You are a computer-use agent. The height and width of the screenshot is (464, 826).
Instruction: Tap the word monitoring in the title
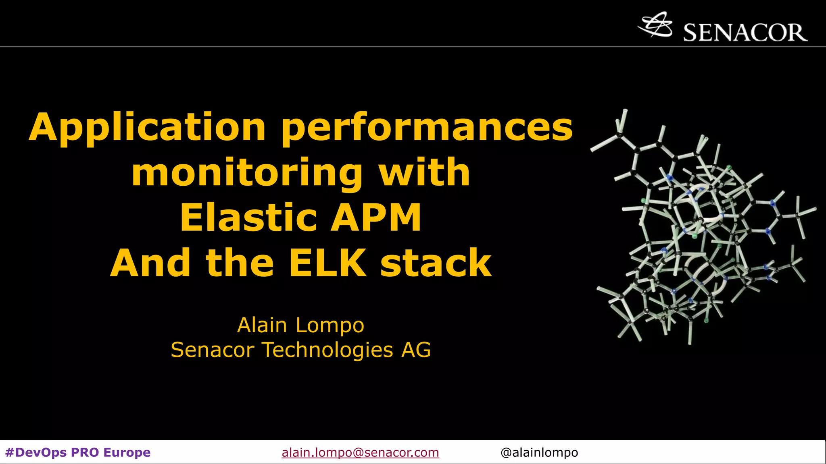pyautogui.click(x=247, y=173)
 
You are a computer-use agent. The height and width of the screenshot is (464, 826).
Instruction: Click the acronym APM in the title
pyautogui.click(x=376, y=218)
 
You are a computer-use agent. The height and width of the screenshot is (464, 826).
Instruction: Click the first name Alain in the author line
pyautogui.click(x=262, y=325)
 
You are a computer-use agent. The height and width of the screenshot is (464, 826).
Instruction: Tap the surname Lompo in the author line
pyautogui.click(x=330, y=325)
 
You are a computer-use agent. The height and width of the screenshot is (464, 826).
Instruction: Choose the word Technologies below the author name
pyautogui.click(x=327, y=350)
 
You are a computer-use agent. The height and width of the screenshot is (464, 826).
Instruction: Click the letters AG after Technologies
pyautogui.click(x=416, y=350)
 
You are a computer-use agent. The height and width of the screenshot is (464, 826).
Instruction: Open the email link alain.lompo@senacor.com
pyautogui.click(x=360, y=452)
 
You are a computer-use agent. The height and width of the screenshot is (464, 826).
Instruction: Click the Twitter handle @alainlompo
pyautogui.click(x=539, y=452)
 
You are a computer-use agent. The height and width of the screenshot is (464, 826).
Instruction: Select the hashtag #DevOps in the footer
pyautogui.click(x=36, y=452)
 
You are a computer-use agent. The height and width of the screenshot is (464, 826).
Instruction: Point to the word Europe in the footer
pyautogui.click(x=127, y=452)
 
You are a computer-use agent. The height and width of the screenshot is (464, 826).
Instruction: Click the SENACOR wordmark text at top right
pyautogui.click(x=745, y=33)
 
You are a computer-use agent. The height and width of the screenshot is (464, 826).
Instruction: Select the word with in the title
pyautogui.click(x=424, y=173)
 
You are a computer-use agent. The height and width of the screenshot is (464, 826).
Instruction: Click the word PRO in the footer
pyautogui.click(x=85, y=452)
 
